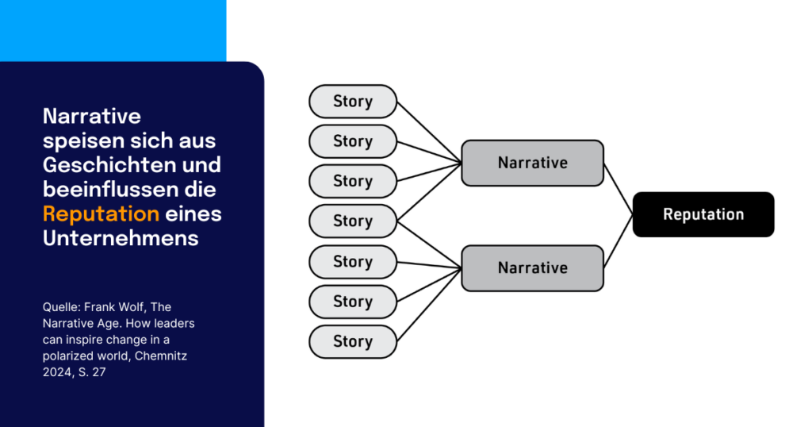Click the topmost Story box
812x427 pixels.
tap(352, 102)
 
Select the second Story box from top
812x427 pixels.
tap(352, 141)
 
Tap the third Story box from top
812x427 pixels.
tap(352, 181)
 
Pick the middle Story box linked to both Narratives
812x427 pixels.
tap(352, 221)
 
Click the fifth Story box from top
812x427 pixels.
tap(352, 262)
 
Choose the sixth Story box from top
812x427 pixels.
tap(352, 302)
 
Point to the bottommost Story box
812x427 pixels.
tap(352, 341)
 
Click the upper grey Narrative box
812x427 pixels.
tap(532, 163)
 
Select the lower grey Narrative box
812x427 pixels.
tap(532, 267)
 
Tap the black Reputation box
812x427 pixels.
tap(703, 214)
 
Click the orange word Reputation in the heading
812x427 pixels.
tap(101, 213)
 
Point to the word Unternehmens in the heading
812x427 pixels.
tap(121, 238)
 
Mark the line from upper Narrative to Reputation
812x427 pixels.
tap(619, 189)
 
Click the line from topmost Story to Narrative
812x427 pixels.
tap(428, 132)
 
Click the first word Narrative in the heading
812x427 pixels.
tap(92, 116)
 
